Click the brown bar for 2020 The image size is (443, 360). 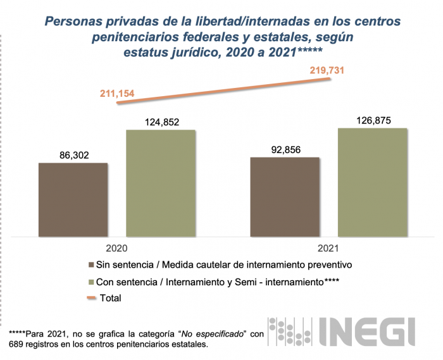[73, 199]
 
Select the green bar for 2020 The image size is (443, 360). [161, 183]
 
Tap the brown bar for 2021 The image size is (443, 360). [285, 196]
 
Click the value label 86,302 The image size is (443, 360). [73, 153]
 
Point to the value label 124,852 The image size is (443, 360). [161, 120]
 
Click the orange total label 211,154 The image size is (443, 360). [117, 94]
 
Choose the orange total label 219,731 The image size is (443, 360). [327, 70]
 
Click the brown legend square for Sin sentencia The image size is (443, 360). [93, 264]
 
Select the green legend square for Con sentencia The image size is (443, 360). [93, 281]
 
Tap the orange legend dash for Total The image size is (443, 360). [92, 297]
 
